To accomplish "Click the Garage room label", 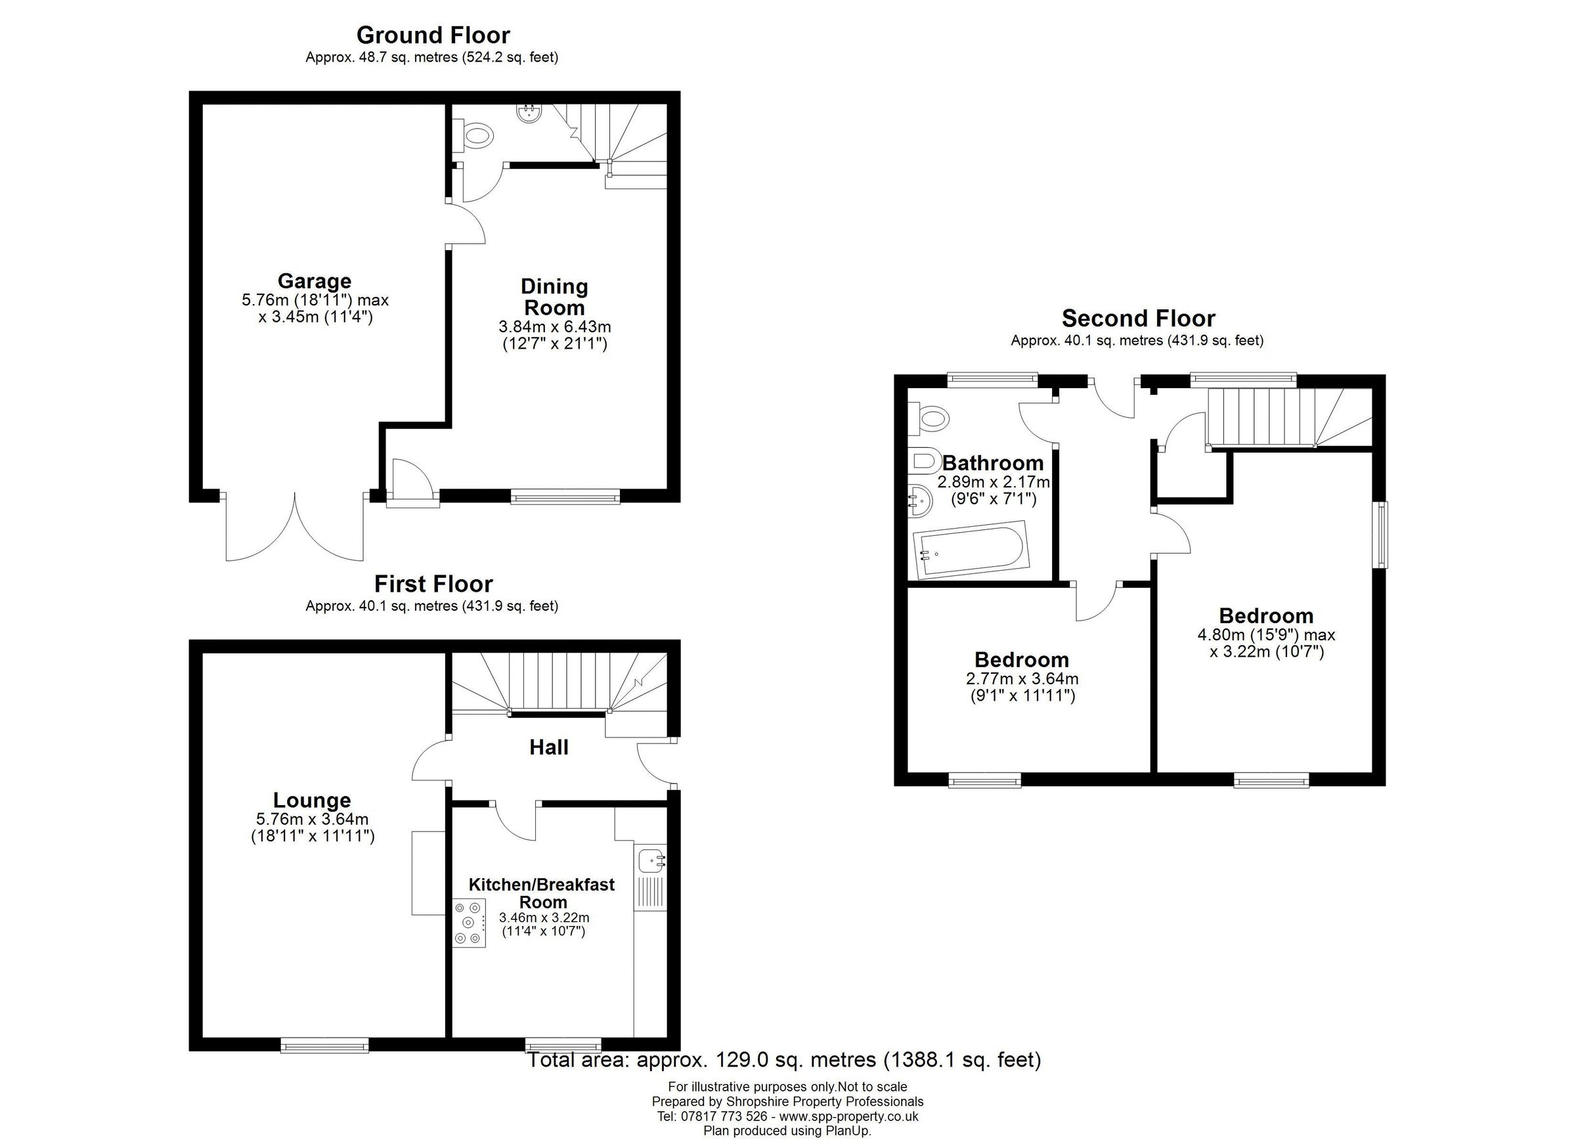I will coord(314,282).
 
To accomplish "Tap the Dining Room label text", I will coord(554,297).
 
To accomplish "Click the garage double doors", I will coord(295,528).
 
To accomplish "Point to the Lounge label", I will coord(312,800).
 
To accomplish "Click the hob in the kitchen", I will coord(468,921).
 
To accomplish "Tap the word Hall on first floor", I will coord(548,747).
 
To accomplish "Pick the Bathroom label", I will coord(992,463).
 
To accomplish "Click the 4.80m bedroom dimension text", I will coord(1266,634).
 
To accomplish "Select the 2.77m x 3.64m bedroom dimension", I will coord(1022,678).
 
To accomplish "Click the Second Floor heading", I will coord(1138,319).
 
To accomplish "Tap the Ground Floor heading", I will coord(432,35).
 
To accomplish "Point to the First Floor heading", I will coord(433,583).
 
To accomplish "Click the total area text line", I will coord(784,1060).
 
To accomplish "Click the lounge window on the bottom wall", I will coord(324,1045).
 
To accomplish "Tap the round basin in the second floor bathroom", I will coord(920,500).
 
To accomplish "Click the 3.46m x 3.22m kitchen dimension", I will coord(544,917).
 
